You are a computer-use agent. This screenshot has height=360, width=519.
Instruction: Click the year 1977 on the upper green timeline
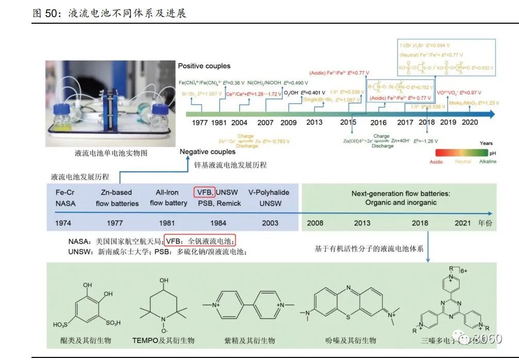(x=200, y=123)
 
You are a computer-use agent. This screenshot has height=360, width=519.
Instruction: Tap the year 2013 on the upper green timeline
(x=314, y=122)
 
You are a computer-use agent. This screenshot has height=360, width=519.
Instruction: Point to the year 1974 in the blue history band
(x=65, y=223)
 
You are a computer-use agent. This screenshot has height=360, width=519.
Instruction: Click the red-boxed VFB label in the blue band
(x=204, y=192)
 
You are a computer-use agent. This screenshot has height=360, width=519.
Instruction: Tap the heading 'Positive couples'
(x=204, y=66)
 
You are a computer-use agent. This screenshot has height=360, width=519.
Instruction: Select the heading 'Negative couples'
(x=207, y=152)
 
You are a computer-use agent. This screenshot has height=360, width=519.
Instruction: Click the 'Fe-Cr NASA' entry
(x=65, y=198)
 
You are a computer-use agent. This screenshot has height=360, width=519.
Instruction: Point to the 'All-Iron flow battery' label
(x=168, y=198)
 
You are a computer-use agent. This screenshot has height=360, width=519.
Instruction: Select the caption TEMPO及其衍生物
(x=163, y=340)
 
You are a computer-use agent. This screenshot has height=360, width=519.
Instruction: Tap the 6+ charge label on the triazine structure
(x=464, y=271)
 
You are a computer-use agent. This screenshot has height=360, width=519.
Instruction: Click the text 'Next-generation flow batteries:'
(x=401, y=193)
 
